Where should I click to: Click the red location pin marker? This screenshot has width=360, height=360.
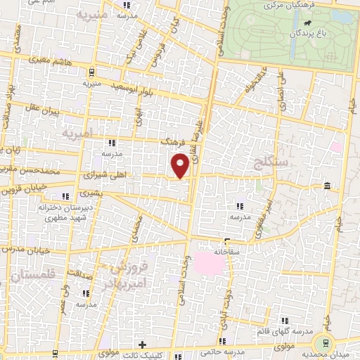(x=181, y=166)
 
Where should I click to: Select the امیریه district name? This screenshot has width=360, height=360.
(x=77, y=132)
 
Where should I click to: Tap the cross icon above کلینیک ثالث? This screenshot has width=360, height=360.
(x=143, y=345)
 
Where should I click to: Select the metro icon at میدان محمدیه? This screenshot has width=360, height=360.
(x=324, y=343)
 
